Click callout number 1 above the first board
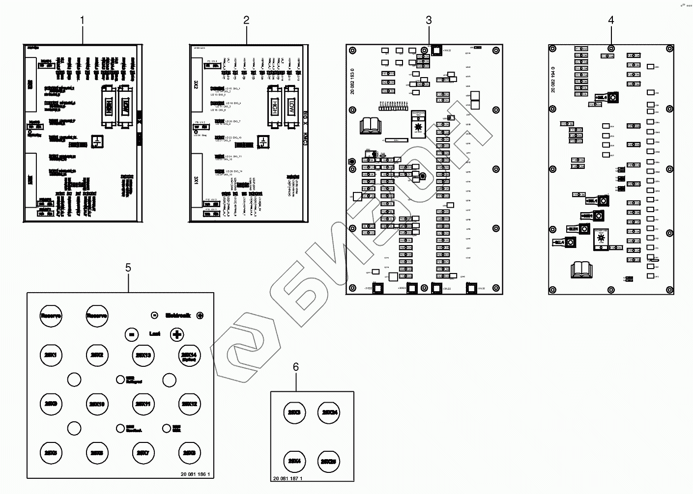click(x=82, y=20)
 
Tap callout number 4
click(x=611, y=20)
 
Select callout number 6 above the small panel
click(x=295, y=367)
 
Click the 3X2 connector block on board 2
click(x=196, y=85)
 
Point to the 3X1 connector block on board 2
click(x=196, y=176)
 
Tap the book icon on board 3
click(x=371, y=125)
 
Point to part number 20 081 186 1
click(x=195, y=474)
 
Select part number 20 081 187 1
click(x=287, y=478)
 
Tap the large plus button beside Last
click(x=177, y=334)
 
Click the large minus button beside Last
click(x=131, y=334)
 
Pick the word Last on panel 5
click(x=154, y=334)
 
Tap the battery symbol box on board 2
click(x=263, y=142)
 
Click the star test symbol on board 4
click(x=601, y=239)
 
